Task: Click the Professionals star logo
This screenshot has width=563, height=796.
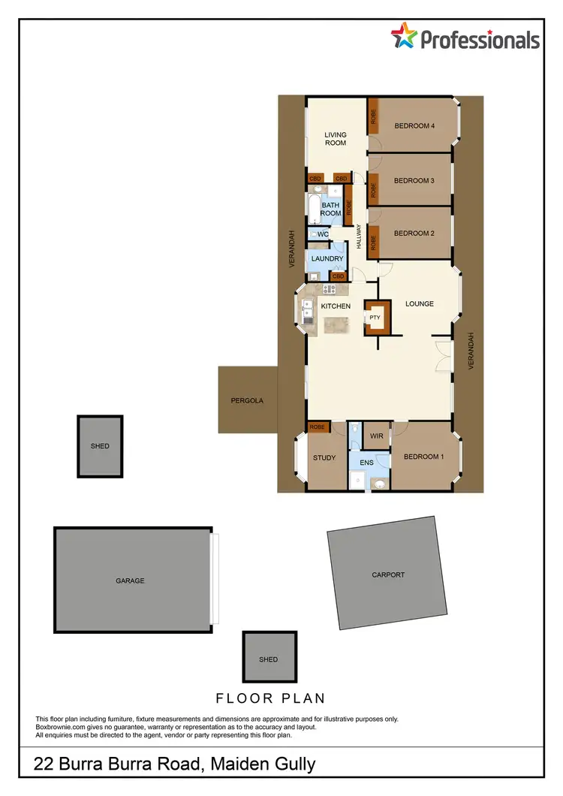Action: (404, 35)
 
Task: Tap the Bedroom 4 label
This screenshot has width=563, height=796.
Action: (414, 126)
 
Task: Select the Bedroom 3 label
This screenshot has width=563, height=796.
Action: (414, 180)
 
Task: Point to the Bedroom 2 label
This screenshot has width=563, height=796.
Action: (414, 233)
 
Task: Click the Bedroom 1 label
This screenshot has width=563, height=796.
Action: (424, 457)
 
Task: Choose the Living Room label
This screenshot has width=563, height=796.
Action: (336, 139)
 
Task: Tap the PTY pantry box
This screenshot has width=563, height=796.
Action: (375, 318)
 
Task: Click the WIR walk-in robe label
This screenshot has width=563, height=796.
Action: (374, 434)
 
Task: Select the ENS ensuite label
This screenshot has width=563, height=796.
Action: (366, 463)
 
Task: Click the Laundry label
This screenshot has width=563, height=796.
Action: (327, 259)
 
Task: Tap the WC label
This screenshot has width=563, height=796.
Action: (324, 234)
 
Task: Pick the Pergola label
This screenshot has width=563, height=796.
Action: (247, 400)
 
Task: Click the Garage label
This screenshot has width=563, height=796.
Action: (130, 580)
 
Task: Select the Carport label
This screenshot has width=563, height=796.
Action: (388, 574)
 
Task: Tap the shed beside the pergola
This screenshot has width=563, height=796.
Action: (100, 446)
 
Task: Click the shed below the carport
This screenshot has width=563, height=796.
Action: (268, 659)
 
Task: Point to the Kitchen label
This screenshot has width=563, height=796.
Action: (336, 306)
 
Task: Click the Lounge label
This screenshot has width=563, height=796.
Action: (420, 304)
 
